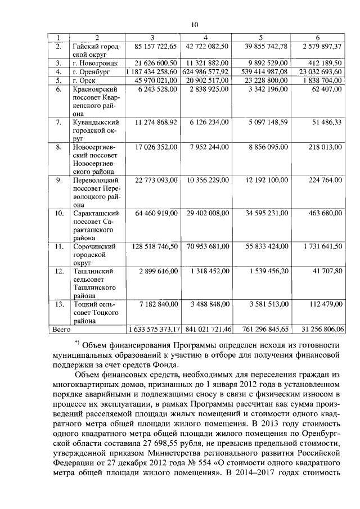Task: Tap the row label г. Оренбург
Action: point(94,72)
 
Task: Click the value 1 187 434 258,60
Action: point(154,72)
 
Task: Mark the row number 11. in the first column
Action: point(58,246)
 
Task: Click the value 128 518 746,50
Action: point(155,246)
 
